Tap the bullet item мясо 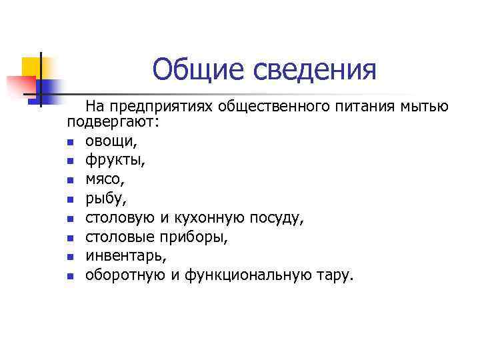click(x=103, y=180)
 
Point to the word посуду click(x=275, y=218)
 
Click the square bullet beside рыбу click(x=71, y=199)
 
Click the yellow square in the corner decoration click(x=31, y=66)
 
